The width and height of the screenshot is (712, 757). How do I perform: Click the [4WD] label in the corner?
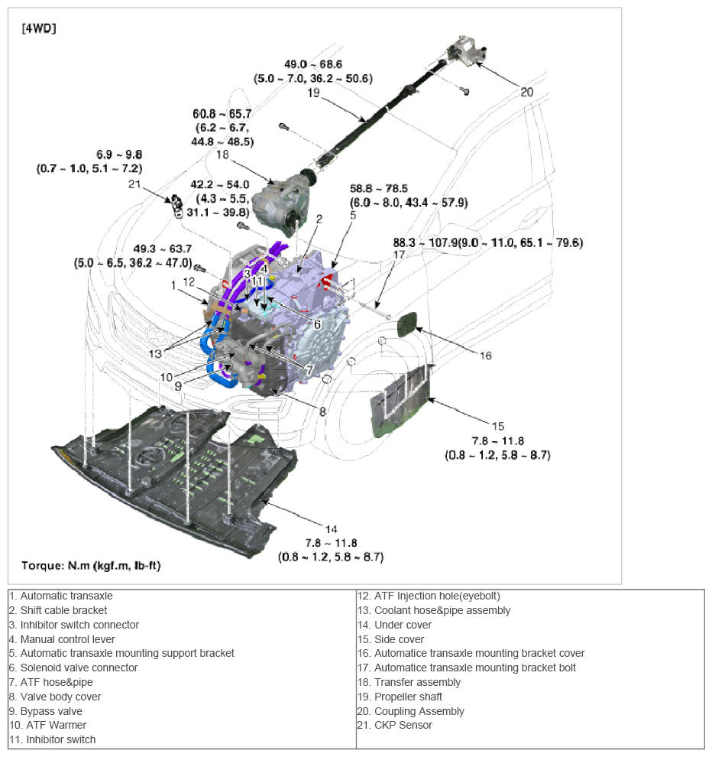click(37, 29)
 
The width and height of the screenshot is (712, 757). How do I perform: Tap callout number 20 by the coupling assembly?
click(527, 92)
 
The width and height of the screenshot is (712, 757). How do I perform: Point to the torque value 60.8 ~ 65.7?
click(223, 114)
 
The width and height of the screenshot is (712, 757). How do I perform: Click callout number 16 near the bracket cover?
click(486, 355)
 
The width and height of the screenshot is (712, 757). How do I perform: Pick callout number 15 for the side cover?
click(497, 426)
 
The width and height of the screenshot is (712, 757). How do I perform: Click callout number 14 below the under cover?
click(331, 529)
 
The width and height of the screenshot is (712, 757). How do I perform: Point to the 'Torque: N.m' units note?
click(90, 566)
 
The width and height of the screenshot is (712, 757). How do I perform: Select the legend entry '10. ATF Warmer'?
click(48, 725)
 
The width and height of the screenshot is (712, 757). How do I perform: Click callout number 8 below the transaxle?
click(322, 411)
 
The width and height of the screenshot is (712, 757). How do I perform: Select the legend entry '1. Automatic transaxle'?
click(61, 595)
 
